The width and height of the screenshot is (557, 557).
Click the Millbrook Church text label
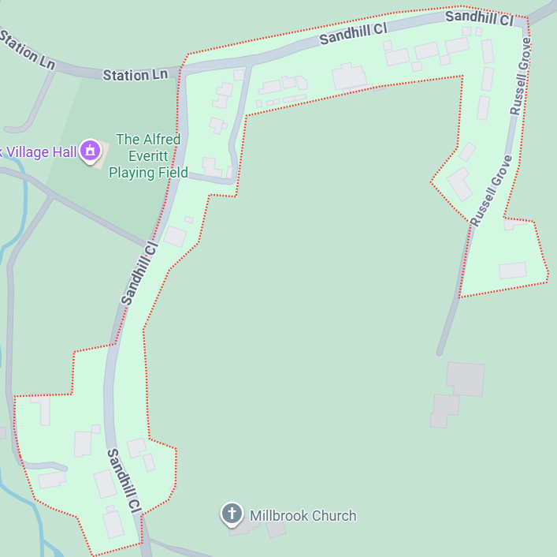pos(303,516)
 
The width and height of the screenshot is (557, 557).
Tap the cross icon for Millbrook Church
pos(232,514)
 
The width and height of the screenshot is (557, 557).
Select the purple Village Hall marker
pos(91,149)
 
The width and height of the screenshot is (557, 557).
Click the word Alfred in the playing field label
pos(137,140)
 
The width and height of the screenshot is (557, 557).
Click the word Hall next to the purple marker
pos(66,151)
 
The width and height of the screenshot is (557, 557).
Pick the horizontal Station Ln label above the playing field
pos(136,75)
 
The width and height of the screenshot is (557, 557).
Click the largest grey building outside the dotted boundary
pos(465,379)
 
